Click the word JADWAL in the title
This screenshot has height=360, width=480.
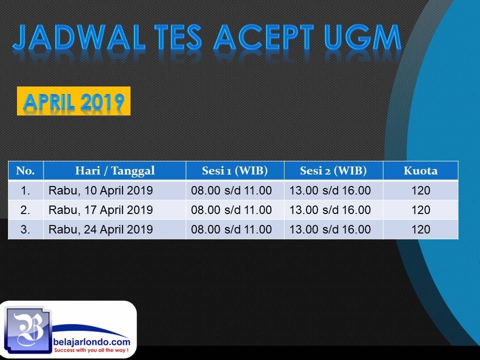[x=78, y=37]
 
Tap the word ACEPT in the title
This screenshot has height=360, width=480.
[x=263, y=37]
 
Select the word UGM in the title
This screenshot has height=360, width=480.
[x=363, y=37]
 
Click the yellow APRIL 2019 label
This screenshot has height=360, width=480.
[x=74, y=101]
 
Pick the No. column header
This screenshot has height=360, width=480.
[x=25, y=170]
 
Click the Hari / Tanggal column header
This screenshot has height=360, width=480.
[x=115, y=171]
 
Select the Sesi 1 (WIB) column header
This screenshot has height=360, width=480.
[x=235, y=171]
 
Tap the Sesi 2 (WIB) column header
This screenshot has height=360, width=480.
[x=333, y=171]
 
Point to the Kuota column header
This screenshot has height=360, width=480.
[x=420, y=170]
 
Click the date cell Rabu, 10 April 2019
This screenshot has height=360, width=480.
[x=100, y=190]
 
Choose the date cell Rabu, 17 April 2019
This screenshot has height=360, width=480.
[x=100, y=210]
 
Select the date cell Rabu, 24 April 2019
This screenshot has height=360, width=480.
[x=100, y=229]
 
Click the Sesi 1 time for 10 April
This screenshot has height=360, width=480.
[x=231, y=190]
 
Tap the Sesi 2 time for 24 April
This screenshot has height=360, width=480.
[x=330, y=229]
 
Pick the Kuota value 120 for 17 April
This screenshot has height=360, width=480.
[x=421, y=210]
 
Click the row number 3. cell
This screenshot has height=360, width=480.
[x=25, y=229]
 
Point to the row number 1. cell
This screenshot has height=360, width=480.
[x=25, y=190]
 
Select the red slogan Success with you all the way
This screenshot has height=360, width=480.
[x=91, y=350]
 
